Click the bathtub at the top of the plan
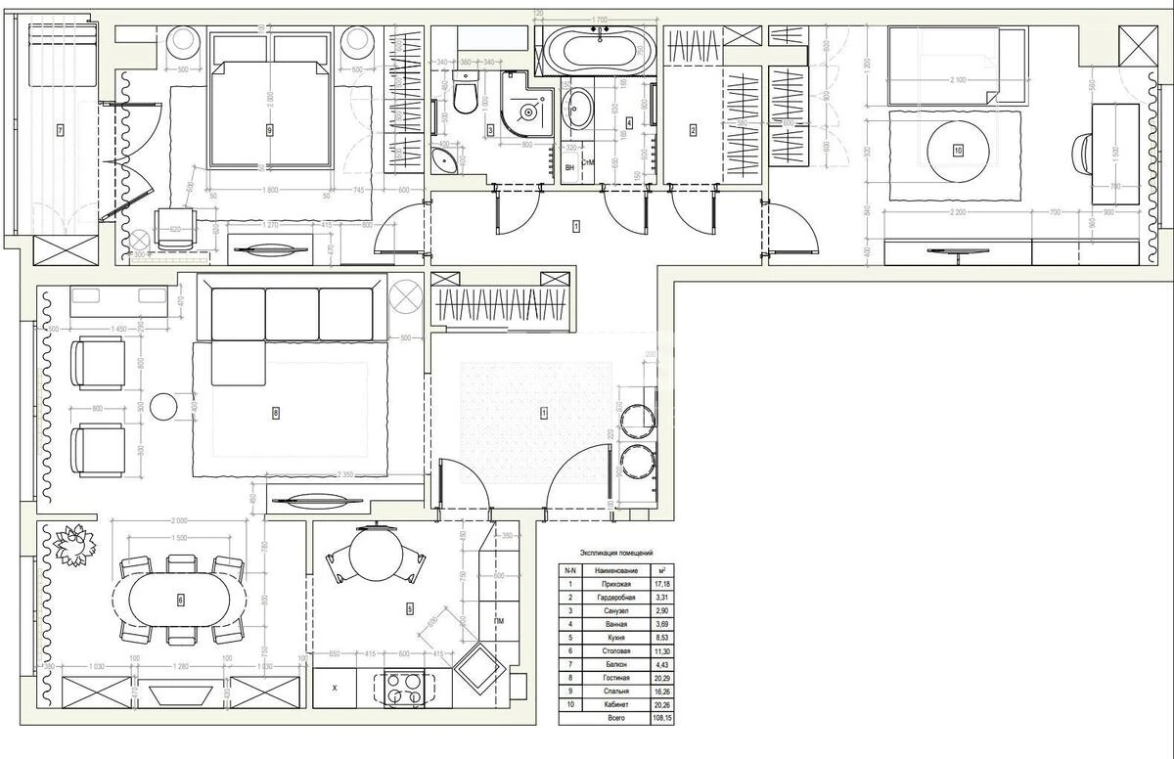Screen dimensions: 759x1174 click(x=596, y=49)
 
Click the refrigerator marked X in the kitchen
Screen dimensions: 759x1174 click(x=335, y=688)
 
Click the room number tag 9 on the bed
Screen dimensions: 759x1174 click(x=268, y=128)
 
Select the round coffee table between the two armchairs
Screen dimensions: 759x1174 click(x=162, y=406)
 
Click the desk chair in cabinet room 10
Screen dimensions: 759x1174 click(x=1084, y=153)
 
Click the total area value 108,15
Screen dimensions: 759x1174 click(x=662, y=717)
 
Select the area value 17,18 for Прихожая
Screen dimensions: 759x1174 click(x=662, y=583)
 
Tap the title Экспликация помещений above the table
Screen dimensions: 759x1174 click(x=616, y=553)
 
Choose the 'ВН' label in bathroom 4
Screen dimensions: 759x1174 click(x=569, y=167)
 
